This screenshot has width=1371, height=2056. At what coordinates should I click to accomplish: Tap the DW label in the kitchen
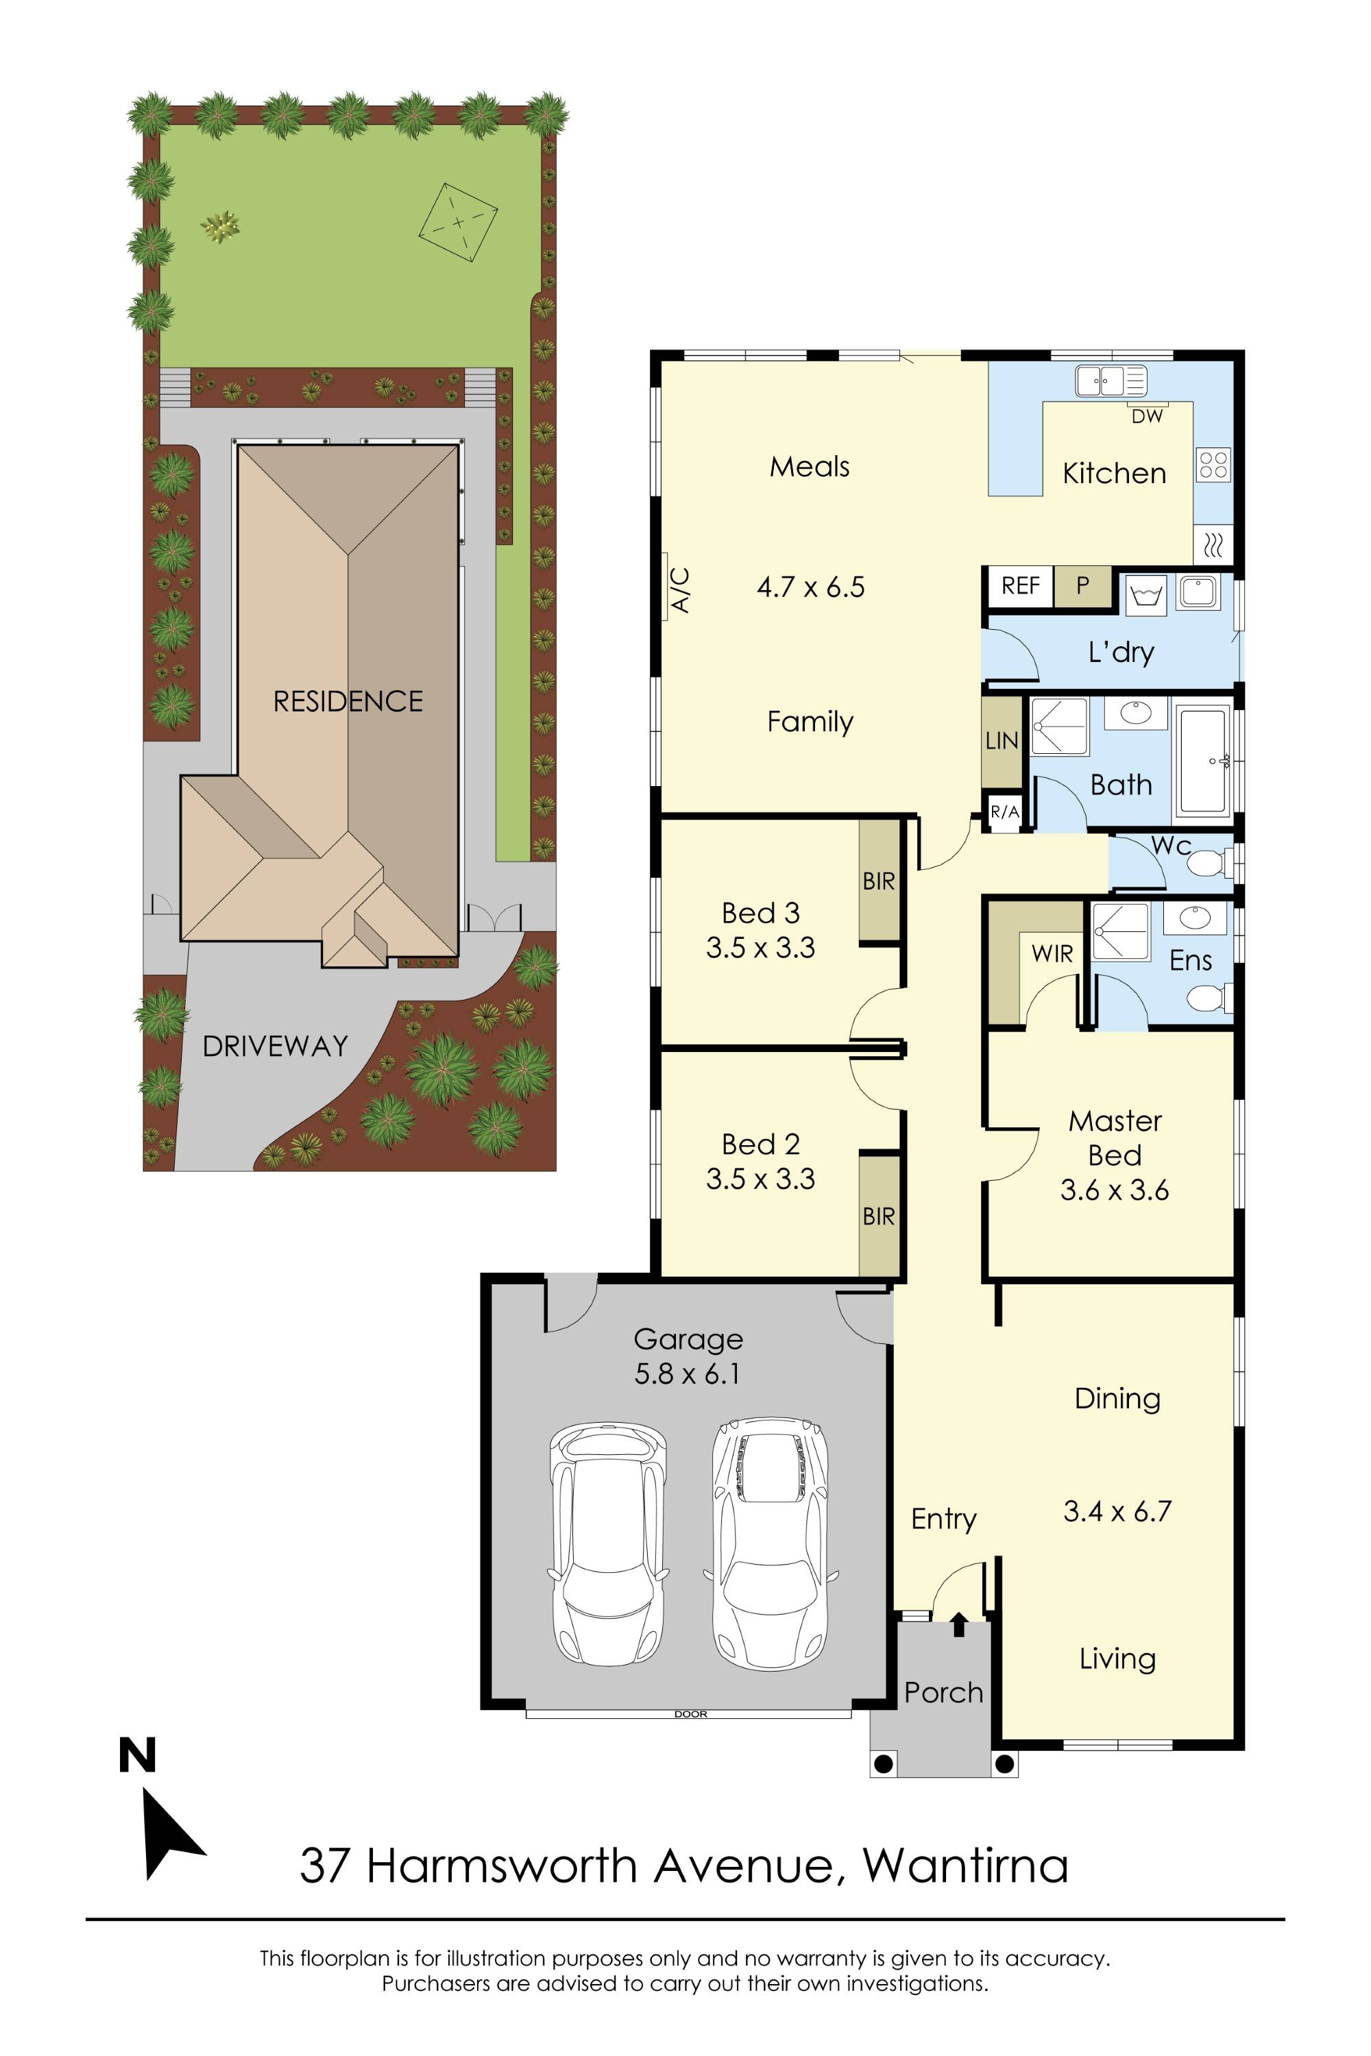(1147, 417)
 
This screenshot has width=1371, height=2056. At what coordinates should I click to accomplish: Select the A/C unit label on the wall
(680, 590)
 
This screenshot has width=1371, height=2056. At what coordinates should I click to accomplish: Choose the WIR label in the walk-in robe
(1052, 954)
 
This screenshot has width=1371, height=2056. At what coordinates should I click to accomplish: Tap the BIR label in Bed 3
(879, 881)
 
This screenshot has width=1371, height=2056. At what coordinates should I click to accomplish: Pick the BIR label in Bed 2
(879, 1216)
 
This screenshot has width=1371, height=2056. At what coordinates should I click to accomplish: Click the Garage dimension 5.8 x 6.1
(688, 1374)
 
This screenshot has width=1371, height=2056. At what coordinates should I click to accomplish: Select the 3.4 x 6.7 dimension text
(1117, 1511)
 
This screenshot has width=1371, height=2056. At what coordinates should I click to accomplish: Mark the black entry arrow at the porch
(959, 1624)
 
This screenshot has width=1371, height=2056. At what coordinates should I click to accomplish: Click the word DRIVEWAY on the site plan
(276, 1047)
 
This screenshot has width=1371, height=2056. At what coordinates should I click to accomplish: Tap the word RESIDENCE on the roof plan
(348, 701)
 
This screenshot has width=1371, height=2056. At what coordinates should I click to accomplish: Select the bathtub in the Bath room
(1204, 761)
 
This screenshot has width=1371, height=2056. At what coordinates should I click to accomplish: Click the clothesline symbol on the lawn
(457, 222)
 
